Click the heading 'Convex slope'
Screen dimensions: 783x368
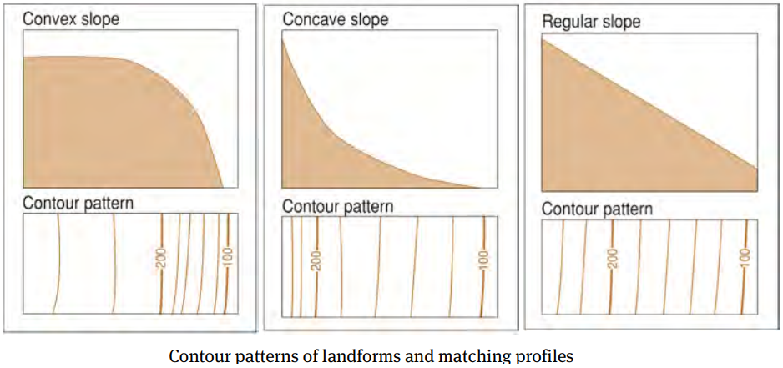[72, 19]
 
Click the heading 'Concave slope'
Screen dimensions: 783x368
[336, 19]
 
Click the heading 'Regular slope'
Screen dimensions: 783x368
[591, 22]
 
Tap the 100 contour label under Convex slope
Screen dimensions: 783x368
[227, 255]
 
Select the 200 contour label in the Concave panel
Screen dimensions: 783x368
[317, 261]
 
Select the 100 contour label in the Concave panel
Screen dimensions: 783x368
[482, 261]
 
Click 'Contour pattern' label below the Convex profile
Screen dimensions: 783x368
[78, 204]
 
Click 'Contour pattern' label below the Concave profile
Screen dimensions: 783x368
[338, 206]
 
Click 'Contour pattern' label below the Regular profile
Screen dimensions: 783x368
[597, 209]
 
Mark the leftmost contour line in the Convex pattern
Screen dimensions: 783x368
[57, 264]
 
